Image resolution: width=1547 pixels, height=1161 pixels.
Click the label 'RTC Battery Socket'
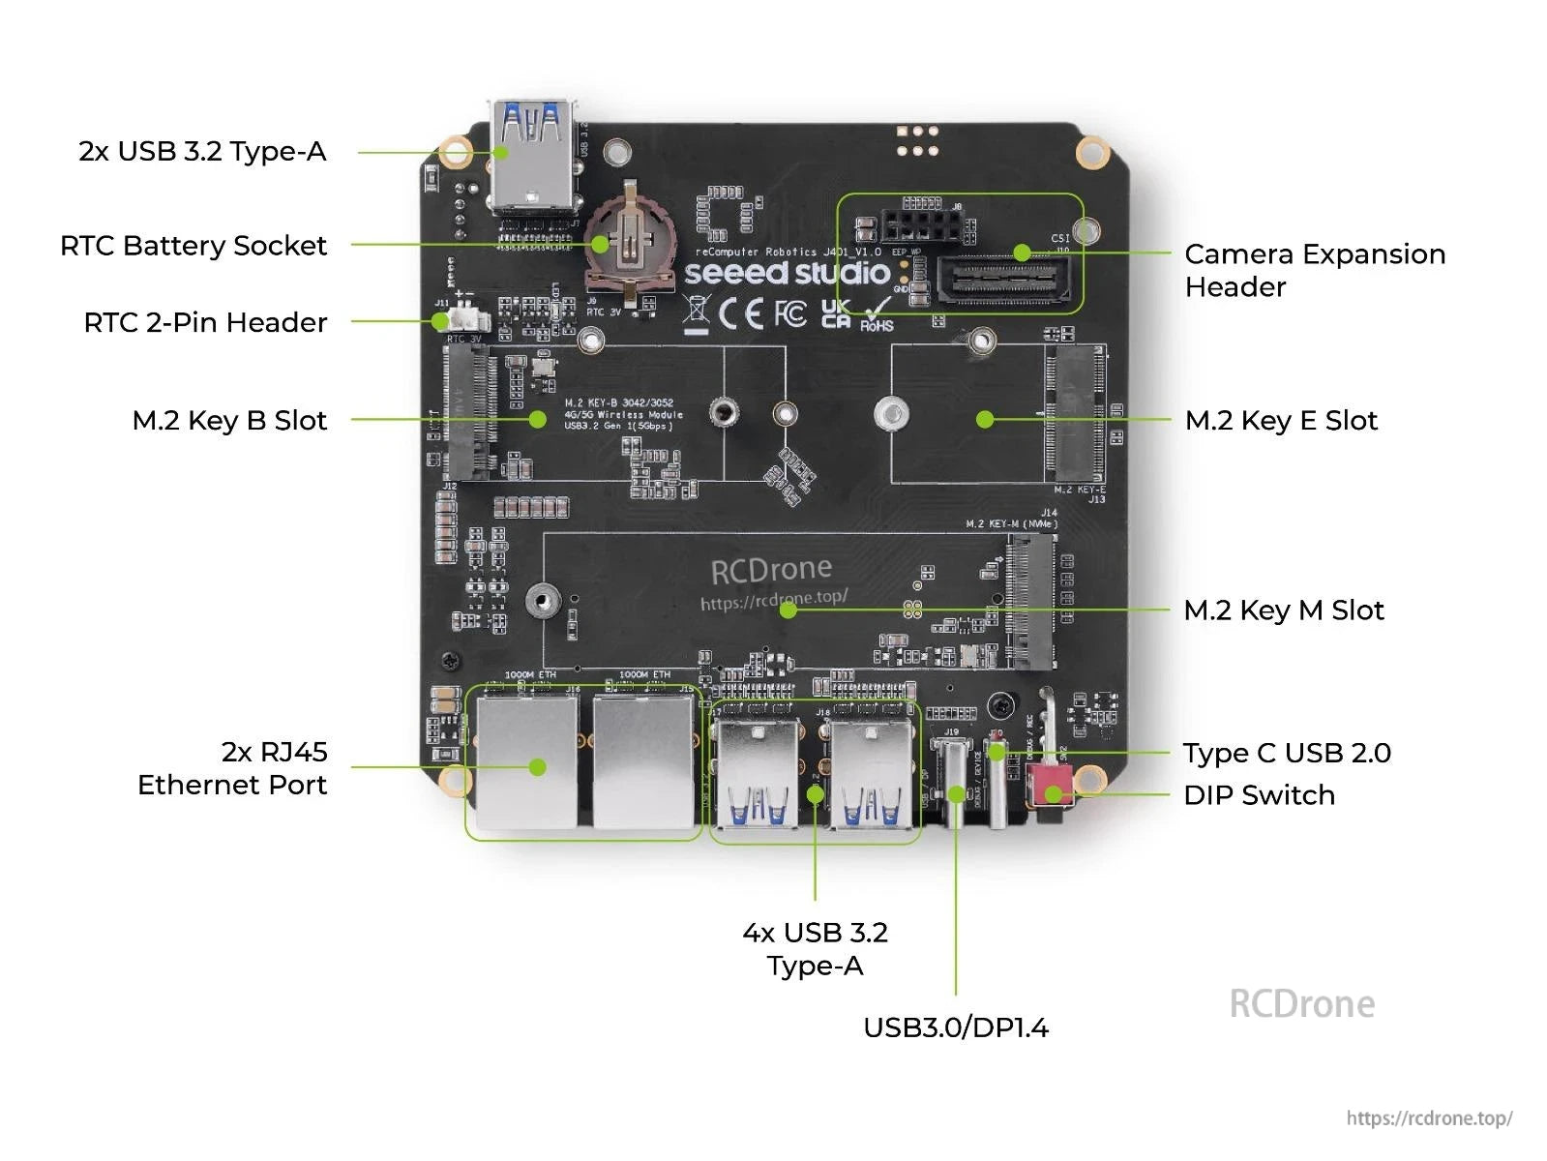pyautogui.click(x=193, y=246)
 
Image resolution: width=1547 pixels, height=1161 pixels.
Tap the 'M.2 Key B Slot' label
pyautogui.click(x=229, y=420)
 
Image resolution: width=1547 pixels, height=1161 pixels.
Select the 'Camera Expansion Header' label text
pyautogui.click(x=1314, y=270)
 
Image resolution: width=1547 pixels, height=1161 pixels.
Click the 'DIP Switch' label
pyautogui.click(x=1259, y=795)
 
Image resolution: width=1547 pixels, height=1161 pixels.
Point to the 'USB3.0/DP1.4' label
pyautogui.click(x=955, y=1027)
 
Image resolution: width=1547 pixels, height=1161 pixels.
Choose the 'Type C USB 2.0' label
pyautogui.click(x=1287, y=753)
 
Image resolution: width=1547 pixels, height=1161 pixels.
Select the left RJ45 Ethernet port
pyautogui.click(x=526, y=762)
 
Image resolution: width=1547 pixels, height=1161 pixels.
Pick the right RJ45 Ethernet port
pyautogui.click(x=643, y=762)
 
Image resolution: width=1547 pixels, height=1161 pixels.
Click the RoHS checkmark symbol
pyautogui.click(x=878, y=313)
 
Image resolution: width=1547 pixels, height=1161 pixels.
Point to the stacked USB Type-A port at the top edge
pyautogui.click(x=534, y=155)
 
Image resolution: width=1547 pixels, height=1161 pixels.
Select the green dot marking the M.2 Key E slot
pyautogui.click(x=985, y=419)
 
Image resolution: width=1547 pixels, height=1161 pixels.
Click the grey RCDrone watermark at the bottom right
pyautogui.click(x=1301, y=1004)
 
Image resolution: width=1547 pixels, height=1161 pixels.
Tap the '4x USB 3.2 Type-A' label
pyautogui.click(x=815, y=948)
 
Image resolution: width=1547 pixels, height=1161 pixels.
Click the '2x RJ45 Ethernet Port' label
pyautogui.click(x=232, y=768)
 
